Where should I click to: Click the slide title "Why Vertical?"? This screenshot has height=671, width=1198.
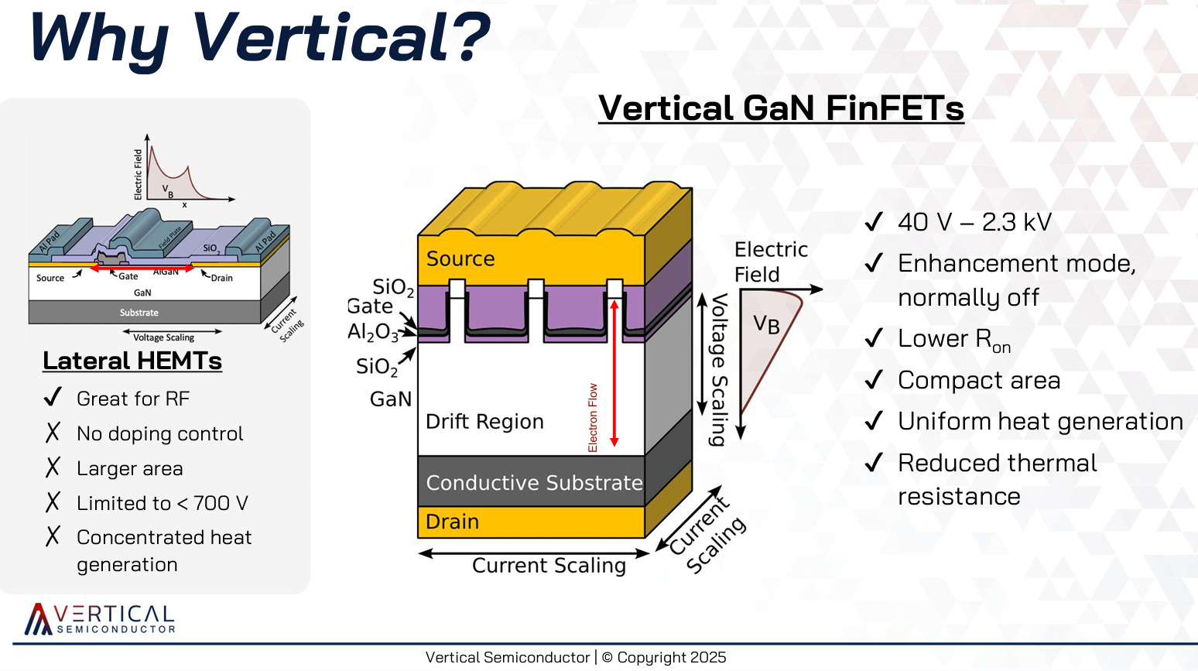coord(259,37)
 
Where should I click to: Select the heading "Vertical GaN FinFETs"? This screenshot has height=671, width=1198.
coord(781,108)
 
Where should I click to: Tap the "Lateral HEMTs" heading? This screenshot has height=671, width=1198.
coord(132,361)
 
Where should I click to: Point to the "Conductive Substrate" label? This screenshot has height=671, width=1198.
coord(534,483)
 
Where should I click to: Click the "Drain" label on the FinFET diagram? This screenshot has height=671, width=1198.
coord(453,522)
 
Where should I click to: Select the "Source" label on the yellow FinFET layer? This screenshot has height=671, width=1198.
coord(460,258)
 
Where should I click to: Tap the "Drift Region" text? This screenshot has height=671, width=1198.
coord(484,422)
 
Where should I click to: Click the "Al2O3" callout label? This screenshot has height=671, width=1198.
coord(372,332)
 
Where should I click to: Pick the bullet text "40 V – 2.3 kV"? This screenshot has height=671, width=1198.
coord(974,223)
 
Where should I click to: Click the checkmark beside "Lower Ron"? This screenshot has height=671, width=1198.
coord(874,338)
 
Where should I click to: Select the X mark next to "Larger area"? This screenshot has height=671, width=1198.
coord(53,467)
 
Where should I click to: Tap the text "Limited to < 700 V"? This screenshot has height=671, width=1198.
coord(163,503)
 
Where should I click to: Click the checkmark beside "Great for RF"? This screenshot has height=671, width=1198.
coord(53,398)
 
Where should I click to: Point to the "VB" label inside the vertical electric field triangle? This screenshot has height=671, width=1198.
coord(766,324)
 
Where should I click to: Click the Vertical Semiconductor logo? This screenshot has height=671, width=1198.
coord(100,619)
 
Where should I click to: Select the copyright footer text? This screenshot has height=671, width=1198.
coord(576,657)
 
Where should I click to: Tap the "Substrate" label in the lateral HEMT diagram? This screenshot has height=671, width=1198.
coord(139,313)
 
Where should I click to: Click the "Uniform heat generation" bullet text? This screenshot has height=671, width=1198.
coord(1040,422)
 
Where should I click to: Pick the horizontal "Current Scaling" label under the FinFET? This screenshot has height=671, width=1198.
coord(549,566)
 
